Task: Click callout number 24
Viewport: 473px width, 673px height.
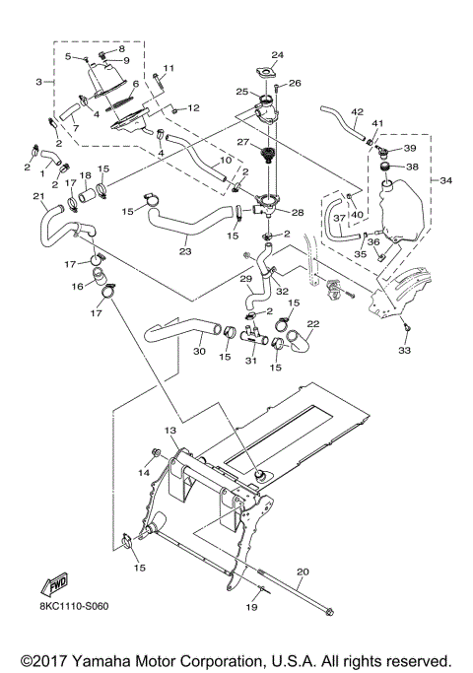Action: point(277,55)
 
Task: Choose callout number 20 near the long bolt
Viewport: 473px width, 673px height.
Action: point(303,572)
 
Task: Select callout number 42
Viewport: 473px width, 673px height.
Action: point(358,112)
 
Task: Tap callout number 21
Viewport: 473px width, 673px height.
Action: point(39,196)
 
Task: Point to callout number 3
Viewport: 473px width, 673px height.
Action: point(38,81)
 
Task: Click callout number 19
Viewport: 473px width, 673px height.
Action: point(250,608)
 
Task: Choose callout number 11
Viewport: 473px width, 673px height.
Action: point(169,68)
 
